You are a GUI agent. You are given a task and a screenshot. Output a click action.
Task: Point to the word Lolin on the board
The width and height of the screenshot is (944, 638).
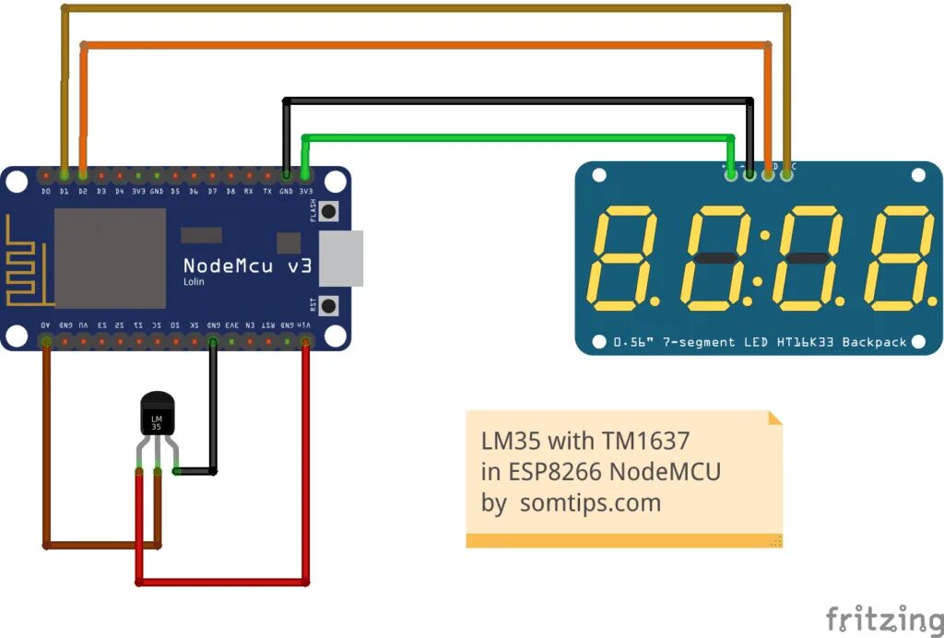tap(194, 281)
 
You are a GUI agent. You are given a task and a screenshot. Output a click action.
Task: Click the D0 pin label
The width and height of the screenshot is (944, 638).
tap(46, 191)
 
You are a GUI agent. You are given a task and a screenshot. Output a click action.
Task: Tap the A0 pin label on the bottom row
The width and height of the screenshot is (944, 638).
tap(46, 325)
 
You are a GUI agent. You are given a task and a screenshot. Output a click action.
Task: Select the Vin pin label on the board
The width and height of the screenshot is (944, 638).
tap(304, 325)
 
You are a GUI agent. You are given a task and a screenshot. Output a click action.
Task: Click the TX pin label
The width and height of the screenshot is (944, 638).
tap(267, 191)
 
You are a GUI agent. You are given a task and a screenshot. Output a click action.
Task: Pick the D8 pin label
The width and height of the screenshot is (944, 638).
tap(230, 191)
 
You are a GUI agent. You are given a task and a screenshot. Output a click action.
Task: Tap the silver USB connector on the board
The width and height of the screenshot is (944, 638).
tap(341, 257)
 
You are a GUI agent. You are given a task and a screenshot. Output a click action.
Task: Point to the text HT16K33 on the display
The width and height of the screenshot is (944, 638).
tap(803, 342)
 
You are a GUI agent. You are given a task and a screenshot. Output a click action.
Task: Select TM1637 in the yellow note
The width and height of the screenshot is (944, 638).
tap(644, 440)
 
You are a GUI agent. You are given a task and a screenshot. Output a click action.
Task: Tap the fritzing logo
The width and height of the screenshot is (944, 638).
tap(883, 619)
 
